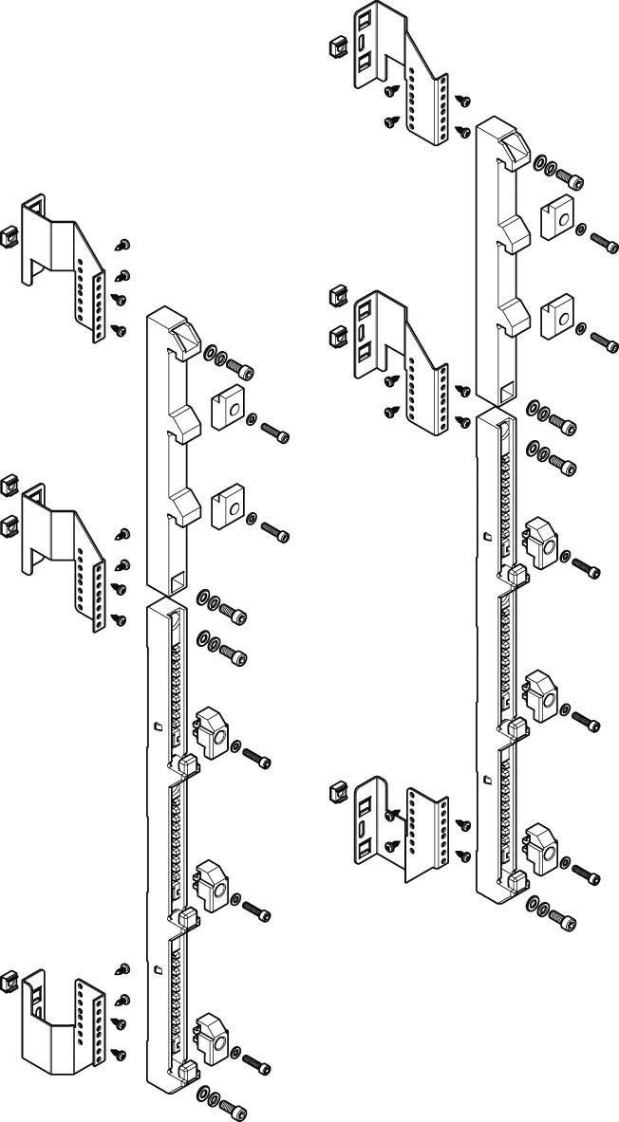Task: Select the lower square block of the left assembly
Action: pyautogui.click(x=227, y=505)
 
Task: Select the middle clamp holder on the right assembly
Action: pyautogui.click(x=540, y=696)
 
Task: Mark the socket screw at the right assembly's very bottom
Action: pyautogui.click(x=567, y=922)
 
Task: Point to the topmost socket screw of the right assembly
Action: pyautogui.click(x=570, y=176)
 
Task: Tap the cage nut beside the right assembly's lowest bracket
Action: pyautogui.click(x=334, y=792)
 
